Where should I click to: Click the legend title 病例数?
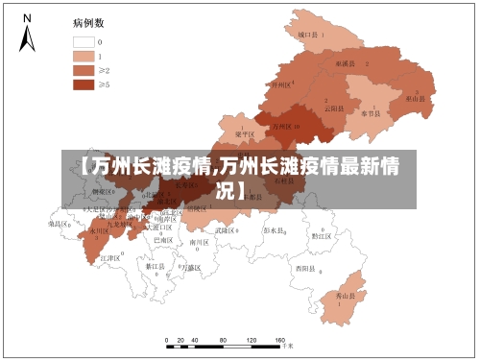[88, 21]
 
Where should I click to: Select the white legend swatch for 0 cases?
[84, 42]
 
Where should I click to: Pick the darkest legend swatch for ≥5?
[84, 84]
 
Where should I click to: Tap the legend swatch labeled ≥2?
[84, 70]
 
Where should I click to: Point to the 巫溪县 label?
[345, 62]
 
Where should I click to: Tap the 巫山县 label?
[415, 98]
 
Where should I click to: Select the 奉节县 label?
[370, 112]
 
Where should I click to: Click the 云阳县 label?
[333, 107]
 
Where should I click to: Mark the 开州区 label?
[280, 84]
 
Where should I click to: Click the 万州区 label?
[283, 126]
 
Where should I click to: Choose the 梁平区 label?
[245, 134]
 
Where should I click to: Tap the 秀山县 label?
[345, 298]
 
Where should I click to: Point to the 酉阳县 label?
[306, 268]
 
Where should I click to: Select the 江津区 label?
[110, 258]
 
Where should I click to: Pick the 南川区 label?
[199, 243]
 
